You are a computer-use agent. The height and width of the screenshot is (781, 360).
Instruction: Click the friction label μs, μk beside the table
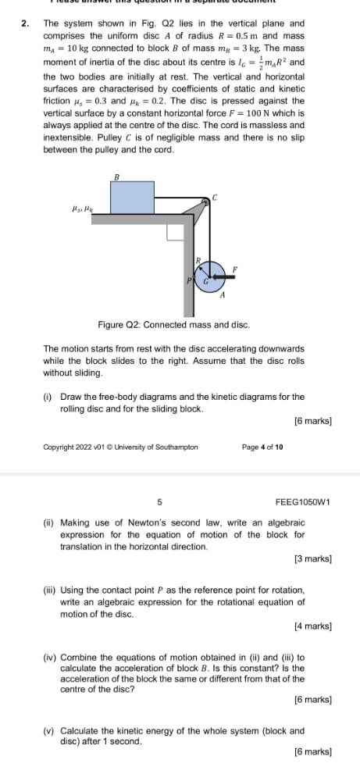click(x=81, y=209)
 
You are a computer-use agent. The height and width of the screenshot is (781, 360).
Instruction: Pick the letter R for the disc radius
click(x=198, y=261)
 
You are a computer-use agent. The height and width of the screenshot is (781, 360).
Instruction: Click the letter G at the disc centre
click(x=206, y=281)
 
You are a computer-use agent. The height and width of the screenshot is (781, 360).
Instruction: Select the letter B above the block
click(x=117, y=177)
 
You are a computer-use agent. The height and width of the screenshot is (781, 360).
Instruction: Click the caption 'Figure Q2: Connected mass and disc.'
click(x=173, y=323)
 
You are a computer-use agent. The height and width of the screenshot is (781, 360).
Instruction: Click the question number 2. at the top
click(x=26, y=23)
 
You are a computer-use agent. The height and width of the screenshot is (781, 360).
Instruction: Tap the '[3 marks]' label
click(x=312, y=559)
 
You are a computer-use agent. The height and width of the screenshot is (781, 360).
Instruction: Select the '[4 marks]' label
click(x=312, y=626)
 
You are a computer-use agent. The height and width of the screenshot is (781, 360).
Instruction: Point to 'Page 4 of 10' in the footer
click(x=262, y=448)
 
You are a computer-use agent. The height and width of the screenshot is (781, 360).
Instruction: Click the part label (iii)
click(x=52, y=590)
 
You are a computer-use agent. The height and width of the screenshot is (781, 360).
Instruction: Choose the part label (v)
click(x=49, y=731)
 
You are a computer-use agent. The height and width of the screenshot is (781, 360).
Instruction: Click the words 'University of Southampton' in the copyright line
click(x=161, y=448)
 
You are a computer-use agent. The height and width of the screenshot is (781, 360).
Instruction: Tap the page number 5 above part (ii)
click(x=159, y=501)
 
